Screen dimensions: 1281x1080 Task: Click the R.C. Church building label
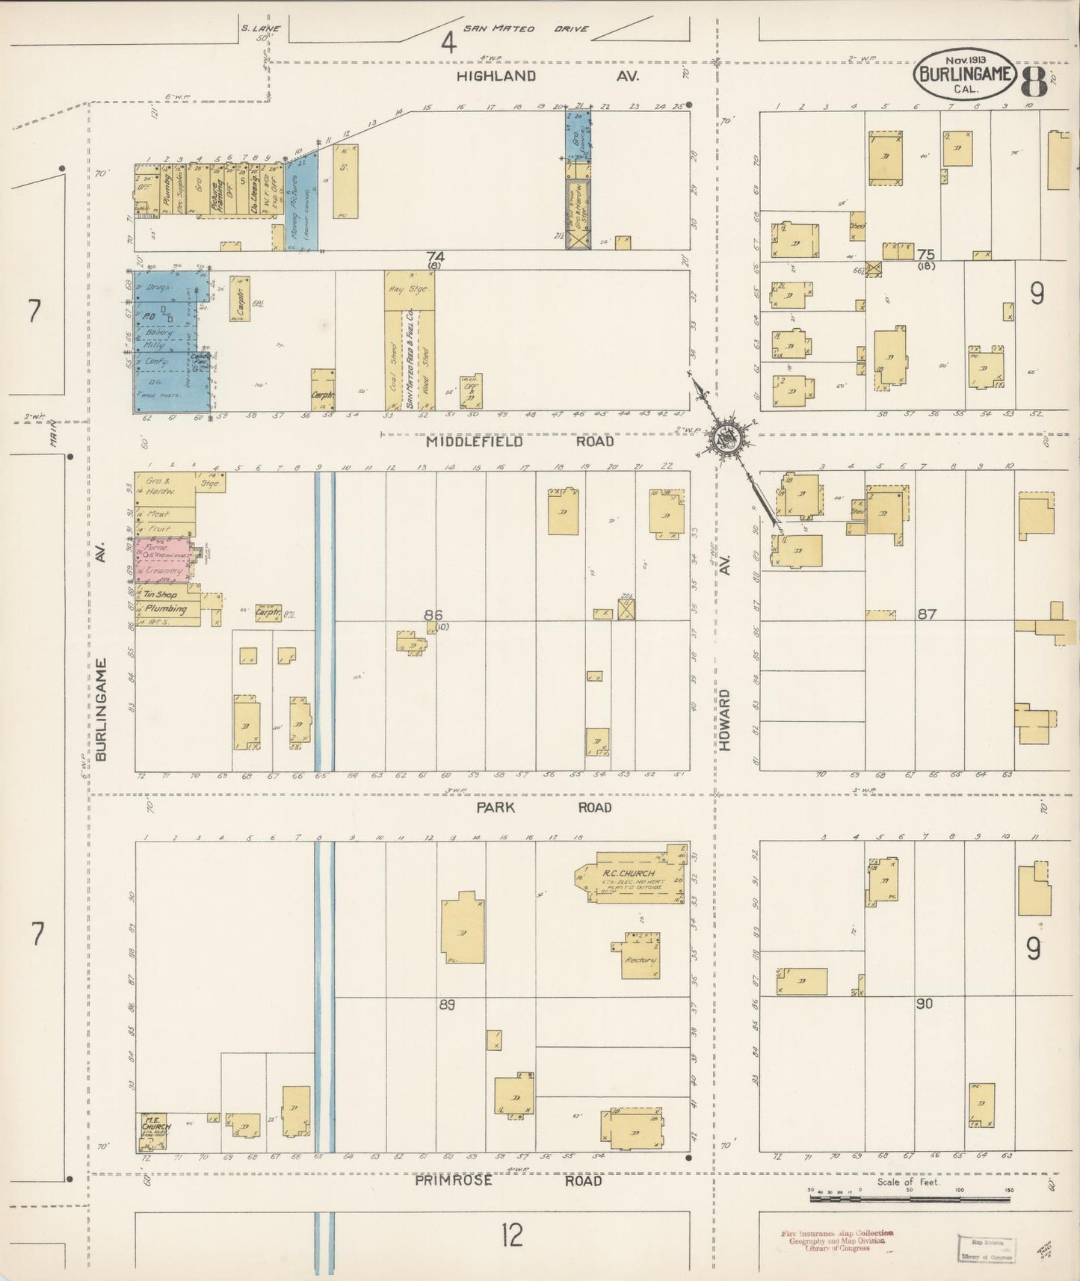click(x=629, y=873)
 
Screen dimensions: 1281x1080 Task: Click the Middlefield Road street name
click(x=519, y=442)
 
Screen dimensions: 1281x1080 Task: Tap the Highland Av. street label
click(x=549, y=76)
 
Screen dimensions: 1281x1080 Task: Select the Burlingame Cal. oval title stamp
click(x=964, y=74)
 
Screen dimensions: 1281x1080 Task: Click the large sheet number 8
click(x=1034, y=81)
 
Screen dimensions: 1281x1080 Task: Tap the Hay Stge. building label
click(x=408, y=288)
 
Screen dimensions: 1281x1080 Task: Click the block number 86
click(x=433, y=614)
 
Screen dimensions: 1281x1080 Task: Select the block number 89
click(x=446, y=1004)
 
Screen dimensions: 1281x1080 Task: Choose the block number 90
click(x=925, y=1004)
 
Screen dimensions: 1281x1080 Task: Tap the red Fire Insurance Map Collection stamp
click(x=836, y=1241)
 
